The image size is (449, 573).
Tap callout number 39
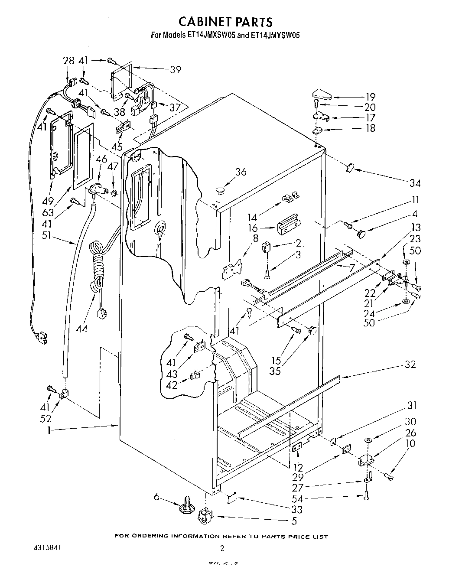coord(175,69)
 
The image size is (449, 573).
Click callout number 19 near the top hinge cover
coord(370,97)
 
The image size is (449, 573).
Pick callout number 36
coord(241,172)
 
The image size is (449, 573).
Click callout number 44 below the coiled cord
coord(81,329)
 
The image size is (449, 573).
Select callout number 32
coord(410,365)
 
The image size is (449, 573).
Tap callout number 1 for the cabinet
coord(49,430)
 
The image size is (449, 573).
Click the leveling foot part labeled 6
coord(185,508)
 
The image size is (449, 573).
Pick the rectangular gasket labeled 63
coord(83,155)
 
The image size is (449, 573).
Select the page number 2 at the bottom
coord(222,548)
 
